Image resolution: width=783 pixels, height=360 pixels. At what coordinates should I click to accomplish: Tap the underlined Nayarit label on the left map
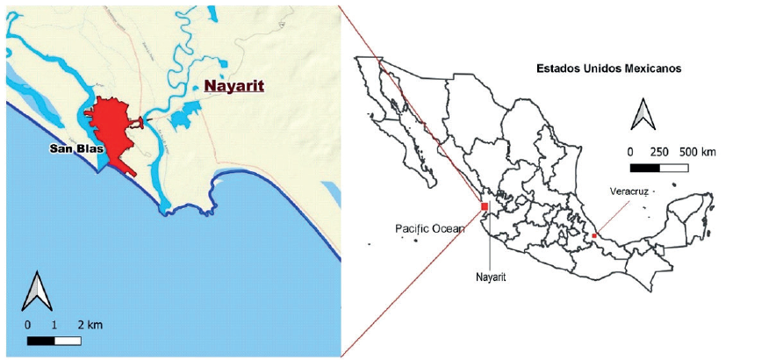(233, 86)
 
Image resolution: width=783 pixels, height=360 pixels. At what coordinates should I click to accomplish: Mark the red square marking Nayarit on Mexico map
(484, 207)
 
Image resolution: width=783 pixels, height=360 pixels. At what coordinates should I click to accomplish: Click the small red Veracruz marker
(594, 235)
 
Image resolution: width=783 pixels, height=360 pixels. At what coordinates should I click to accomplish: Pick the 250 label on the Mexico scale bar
(660, 151)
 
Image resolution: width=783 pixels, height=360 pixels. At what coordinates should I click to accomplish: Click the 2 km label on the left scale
(91, 326)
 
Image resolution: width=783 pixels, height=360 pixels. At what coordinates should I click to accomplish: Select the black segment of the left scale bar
(40, 340)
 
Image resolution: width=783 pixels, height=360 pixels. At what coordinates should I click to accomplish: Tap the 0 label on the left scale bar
(28, 326)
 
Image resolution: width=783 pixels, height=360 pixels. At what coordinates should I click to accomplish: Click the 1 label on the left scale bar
(54, 326)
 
